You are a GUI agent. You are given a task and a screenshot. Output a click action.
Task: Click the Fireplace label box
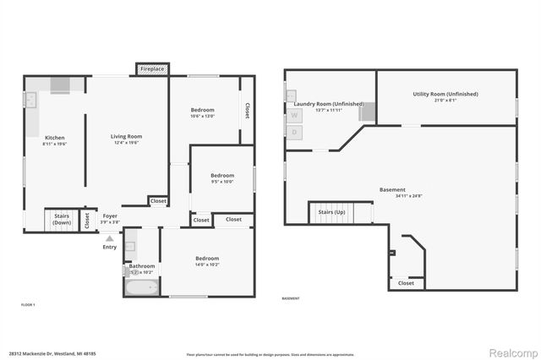tap(153, 68)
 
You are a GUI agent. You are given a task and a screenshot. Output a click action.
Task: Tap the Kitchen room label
tap(54, 138)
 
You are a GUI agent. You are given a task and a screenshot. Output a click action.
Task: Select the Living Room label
tap(126, 136)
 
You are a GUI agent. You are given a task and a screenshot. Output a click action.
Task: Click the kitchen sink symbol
tap(30, 101)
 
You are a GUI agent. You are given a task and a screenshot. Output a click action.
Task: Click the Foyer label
tap(110, 215)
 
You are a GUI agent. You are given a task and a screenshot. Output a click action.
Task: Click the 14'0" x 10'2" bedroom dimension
tap(207, 265)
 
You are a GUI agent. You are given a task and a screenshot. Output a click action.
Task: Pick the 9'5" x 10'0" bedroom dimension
tap(221, 182)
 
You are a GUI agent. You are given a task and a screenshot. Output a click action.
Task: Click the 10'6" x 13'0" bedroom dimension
tap(202, 116)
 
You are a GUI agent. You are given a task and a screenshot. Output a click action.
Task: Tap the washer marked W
tap(295, 114)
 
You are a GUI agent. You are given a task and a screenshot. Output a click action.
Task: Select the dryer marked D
tap(295, 132)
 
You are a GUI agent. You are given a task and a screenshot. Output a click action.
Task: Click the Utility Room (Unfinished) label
tap(445, 94)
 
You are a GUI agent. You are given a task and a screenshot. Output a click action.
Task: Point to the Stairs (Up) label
tap(331, 211)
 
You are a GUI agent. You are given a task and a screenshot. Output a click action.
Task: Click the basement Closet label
tap(406, 283)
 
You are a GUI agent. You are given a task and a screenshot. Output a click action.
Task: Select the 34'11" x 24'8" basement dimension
tap(392, 196)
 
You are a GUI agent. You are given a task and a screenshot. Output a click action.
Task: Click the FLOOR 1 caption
tap(29, 303)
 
